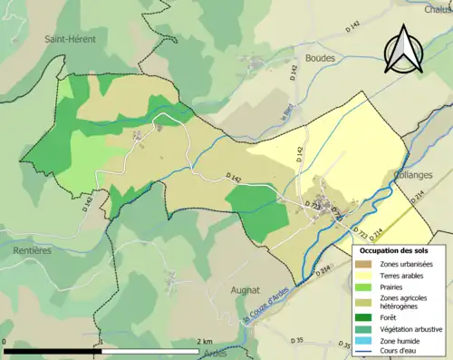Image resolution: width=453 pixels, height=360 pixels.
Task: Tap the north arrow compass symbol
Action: pos(402,51)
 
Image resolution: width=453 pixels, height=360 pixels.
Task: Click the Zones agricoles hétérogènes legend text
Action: pos(404,302)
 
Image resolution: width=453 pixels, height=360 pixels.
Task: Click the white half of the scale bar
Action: pos(149,350)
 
